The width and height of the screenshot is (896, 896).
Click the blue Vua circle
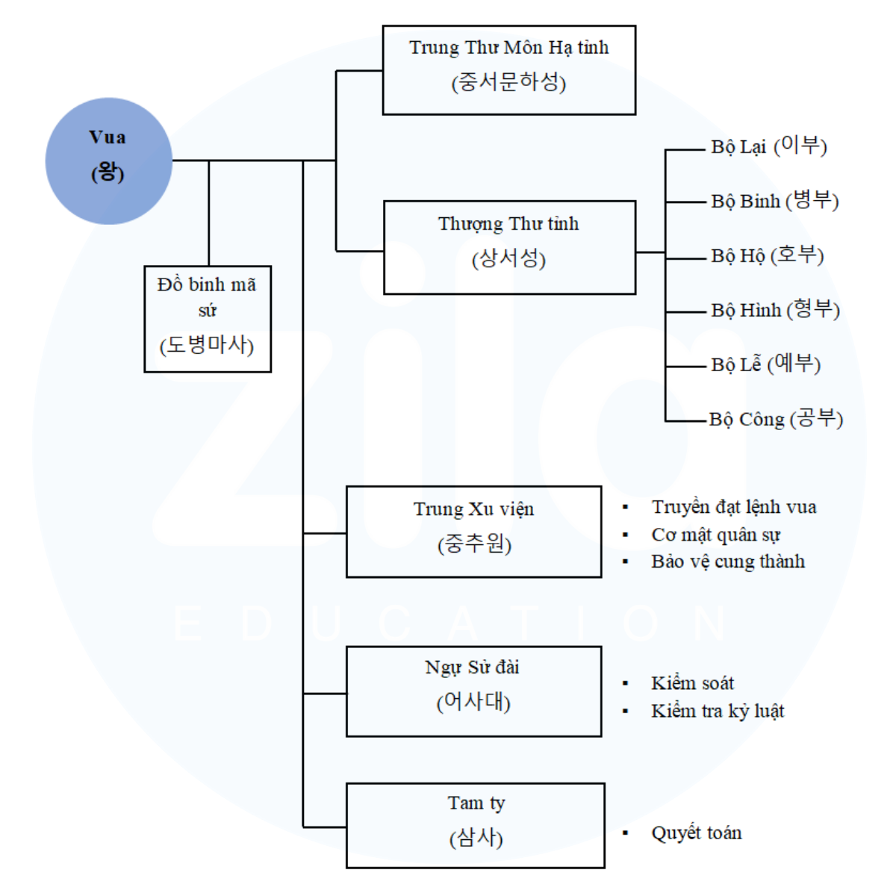click(x=109, y=161)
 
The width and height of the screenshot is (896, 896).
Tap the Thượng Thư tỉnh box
click(x=508, y=247)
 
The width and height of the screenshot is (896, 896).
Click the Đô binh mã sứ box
click(x=208, y=319)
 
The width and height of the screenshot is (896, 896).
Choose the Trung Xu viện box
click(x=473, y=532)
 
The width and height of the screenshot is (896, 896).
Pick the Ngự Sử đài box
click(x=473, y=691)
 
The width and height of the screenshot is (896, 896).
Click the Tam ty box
click(x=476, y=825)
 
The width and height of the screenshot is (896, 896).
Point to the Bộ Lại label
click(x=768, y=146)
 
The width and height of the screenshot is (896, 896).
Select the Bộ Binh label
click(x=774, y=201)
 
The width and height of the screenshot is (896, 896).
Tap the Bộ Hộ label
click(x=767, y=255)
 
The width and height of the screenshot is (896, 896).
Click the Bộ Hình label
click(x=775, y=310)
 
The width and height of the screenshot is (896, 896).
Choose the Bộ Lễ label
click(x=765, y=364)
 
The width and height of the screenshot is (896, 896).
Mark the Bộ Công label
click(x=776, y=419)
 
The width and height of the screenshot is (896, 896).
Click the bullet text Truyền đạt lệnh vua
click(x=733, y=507)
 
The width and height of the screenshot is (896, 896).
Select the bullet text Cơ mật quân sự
click(x=715, y=535)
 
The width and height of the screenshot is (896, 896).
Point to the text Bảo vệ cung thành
click(x=727, y=561)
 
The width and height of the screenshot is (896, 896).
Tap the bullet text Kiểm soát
click(x=692, y=683)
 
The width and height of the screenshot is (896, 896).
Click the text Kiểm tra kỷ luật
click(x=717, y=711)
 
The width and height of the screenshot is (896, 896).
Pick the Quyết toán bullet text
click(x=696, y=833)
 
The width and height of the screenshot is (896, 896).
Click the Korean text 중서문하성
click(x=508, y=82)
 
